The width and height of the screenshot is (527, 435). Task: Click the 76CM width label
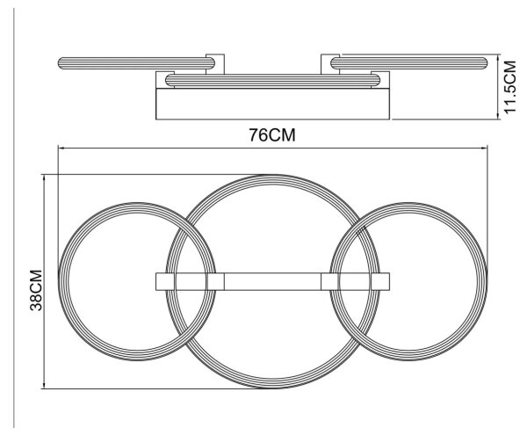tap(272, 135)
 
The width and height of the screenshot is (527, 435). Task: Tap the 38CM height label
tap(36, 290)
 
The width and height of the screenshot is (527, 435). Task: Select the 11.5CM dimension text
tap(509, 87)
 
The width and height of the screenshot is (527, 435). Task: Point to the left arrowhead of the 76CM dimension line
tap(61, 148)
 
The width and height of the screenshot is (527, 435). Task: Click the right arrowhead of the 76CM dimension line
tap(485, 148)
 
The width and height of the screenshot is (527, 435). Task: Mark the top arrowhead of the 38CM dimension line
tap(44, 178)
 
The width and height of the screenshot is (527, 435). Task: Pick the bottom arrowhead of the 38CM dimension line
tap(44, 386)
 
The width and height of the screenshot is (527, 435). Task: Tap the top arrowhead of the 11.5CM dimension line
tap(498, 56)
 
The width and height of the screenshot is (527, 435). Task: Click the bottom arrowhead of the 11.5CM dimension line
tap(498, 116)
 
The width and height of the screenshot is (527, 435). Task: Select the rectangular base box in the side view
tap(272, 104)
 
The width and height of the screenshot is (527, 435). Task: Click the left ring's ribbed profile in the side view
tap(136, 63)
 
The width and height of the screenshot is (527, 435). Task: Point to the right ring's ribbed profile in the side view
tap(409, 63)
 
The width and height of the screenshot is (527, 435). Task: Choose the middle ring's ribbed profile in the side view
tap(272, 81)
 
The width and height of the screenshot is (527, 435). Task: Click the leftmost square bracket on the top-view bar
tap(165, 281)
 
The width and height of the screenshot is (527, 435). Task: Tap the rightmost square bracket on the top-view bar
tap(380, 281)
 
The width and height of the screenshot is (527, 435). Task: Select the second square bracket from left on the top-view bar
tap(215, 281)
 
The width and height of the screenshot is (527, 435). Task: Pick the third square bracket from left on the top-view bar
tap(329, 281)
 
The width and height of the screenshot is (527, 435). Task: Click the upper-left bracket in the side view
tap(215, 64)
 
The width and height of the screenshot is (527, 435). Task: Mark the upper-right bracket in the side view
tap(330, 64)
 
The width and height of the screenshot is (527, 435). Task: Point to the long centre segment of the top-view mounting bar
tap(272, 281)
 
